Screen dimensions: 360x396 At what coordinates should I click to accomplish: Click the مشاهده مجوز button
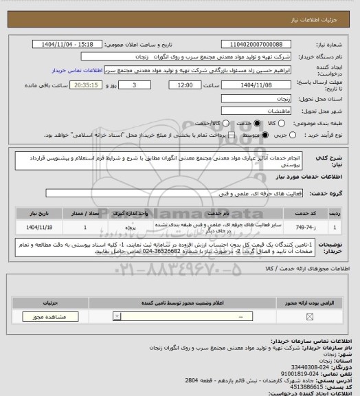point(49,318)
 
